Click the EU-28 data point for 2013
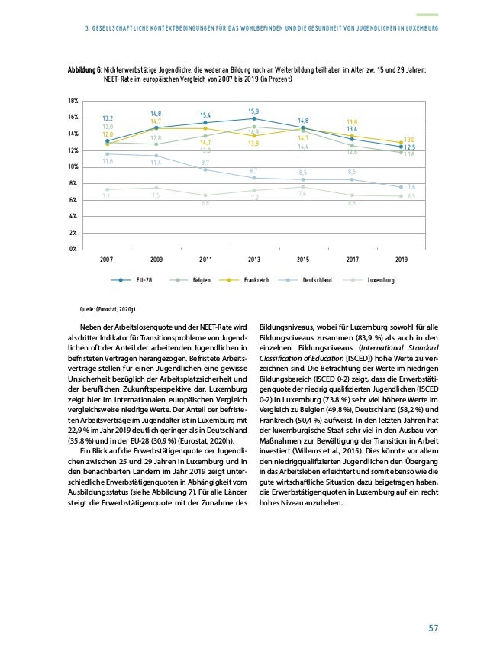tap(254, 118)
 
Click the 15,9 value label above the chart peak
tap(254, 111)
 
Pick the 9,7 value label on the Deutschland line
tap(205, 163)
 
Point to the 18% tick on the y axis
tap(74, 101)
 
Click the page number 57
tap(433, 628)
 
